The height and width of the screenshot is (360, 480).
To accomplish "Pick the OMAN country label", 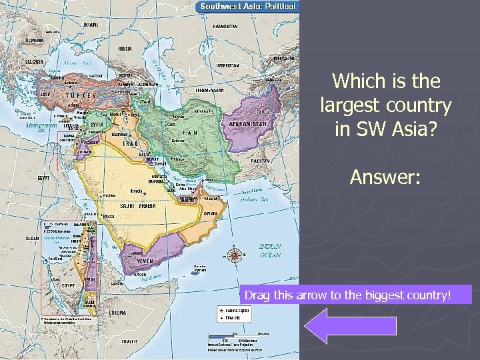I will (211, 213).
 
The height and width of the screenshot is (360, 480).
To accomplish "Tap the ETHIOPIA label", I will (119, 312).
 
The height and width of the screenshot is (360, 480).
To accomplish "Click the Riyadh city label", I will (137, 189).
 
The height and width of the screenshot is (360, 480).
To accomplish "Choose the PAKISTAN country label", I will (261, 161).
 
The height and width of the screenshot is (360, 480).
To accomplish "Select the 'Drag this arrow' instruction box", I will (356, 294).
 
